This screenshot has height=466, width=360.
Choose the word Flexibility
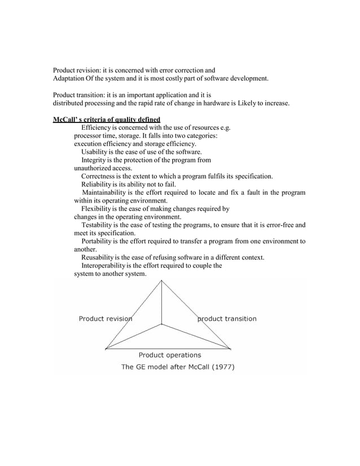click(97, 209)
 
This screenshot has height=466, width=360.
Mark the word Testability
click(98, 225)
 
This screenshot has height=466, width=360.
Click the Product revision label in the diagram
click(106, 319)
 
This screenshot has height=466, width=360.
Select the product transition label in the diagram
click(227, 319)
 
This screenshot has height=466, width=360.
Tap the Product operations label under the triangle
click(170, 355)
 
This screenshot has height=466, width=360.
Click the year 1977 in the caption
click(221, 367)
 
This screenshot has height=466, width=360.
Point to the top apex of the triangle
click(163, 280)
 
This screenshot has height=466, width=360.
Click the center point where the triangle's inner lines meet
click(163, 324)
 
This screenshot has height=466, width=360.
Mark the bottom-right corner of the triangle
click(231, 348)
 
